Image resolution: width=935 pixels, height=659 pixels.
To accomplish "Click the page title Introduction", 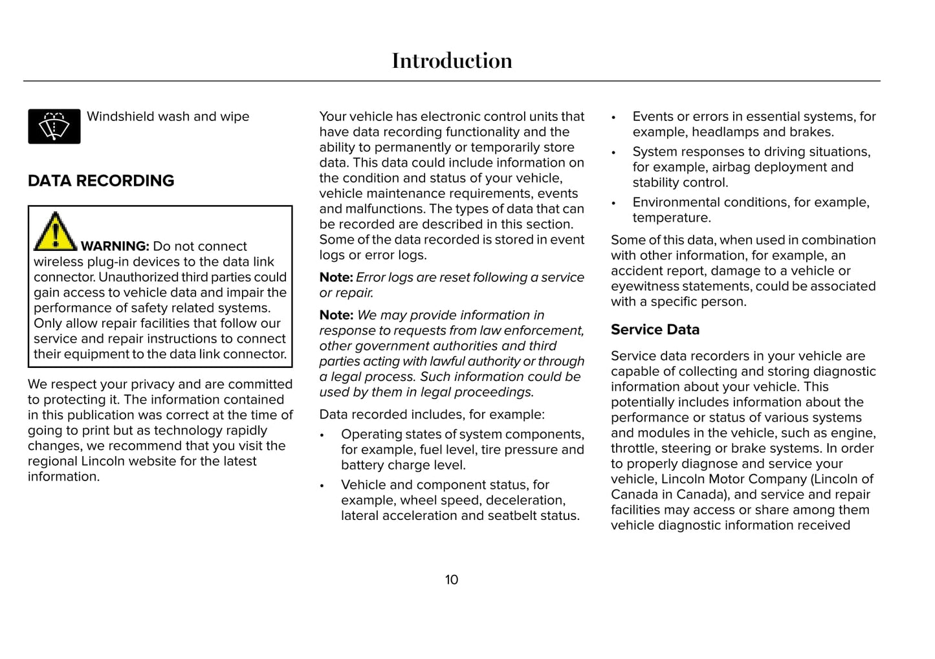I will click(x=452, y=61).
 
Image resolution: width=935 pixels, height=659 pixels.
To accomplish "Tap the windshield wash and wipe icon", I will click(x=54, y=126).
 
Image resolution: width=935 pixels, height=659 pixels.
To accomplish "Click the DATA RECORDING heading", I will click(x=101, y=181).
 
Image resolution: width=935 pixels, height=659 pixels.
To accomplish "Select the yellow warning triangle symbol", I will click(x=55, y=232).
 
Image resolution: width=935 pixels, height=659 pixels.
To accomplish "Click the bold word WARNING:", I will click(x=115, y=246).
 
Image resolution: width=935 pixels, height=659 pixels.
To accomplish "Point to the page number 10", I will click(x=452, y=580).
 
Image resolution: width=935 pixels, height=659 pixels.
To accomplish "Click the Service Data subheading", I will click(x=655, y=330).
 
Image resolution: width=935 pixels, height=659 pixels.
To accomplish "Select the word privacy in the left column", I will click(x=153, y=384).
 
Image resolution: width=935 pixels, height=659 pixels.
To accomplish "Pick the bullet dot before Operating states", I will click(x=322, y=435).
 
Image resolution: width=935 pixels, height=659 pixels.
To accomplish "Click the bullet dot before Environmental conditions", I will click(x=613, y=203).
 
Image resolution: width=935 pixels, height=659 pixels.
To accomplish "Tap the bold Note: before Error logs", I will click(x=336, y=277).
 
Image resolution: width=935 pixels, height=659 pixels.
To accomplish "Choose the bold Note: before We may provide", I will click(x=336, y=316).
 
